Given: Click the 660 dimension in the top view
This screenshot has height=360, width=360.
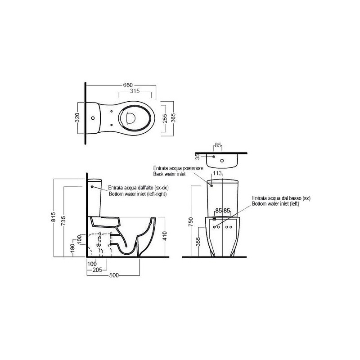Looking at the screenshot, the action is pos(128,85).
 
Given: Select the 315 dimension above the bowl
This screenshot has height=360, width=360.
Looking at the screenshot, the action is pos(135,91).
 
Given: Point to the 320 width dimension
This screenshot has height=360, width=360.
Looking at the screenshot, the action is pos(77,118).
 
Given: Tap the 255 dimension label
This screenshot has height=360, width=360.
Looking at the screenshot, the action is pos(165,118).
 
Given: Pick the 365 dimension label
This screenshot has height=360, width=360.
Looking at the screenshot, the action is pos(174,118).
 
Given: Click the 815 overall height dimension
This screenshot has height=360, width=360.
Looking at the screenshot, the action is pos(53,217).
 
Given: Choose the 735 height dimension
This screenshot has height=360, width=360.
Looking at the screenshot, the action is pos(63,220).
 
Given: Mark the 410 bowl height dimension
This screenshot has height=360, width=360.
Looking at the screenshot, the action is pos(165,236).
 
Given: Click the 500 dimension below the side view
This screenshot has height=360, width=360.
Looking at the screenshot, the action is pos(114,275).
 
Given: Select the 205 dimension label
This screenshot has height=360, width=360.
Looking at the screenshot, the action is pos(97,270).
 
